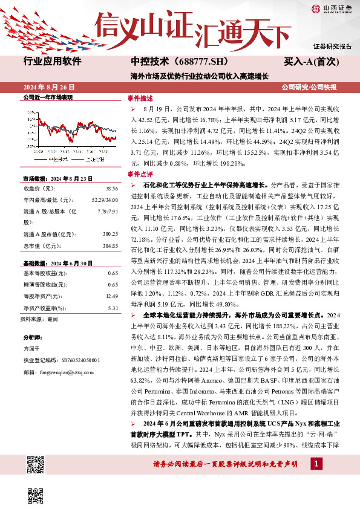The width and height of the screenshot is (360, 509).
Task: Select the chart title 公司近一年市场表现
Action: click(48, 97)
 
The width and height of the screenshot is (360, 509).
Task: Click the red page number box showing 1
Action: click(316, 463)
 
